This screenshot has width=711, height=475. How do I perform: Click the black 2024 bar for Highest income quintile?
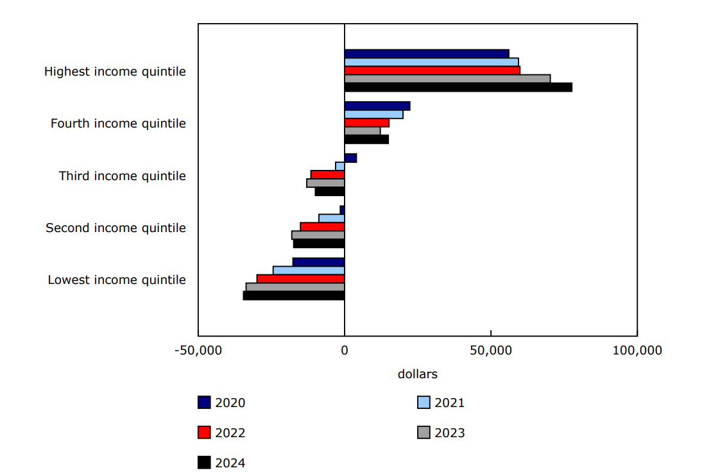(458, 87)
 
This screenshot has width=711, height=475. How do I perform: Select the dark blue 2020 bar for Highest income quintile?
(427, 54)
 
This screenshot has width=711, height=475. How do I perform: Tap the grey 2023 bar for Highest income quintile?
(447, 79)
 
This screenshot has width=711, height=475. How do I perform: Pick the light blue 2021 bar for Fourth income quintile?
(373, 114)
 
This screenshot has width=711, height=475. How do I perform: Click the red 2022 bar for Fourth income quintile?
(366, 122)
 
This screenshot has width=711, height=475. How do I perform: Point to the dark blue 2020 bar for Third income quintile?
(350, 158)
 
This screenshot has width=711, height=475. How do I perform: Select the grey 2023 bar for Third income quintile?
(325, 183)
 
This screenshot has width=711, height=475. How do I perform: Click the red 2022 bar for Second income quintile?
(322, 227)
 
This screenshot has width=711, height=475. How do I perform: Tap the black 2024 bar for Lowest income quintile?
(294, 296)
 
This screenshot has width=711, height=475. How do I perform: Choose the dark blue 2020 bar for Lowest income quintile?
(318, 262)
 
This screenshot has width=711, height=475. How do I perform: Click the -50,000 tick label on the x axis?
(198, 351)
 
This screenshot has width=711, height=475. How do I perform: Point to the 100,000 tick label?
(637, 351)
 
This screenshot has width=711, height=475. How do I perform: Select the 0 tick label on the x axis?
(345, 351)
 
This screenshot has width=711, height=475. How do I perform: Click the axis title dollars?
(417, 374)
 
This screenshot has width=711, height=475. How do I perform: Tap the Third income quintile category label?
(122, 176)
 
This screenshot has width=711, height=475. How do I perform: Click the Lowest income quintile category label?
(117, 280)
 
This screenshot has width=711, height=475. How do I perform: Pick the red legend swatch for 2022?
(204, 433)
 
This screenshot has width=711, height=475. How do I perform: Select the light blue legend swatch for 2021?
(424, 403)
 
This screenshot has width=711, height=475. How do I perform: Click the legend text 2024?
(230, 463)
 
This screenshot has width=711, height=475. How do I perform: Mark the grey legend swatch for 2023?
(424, 433)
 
